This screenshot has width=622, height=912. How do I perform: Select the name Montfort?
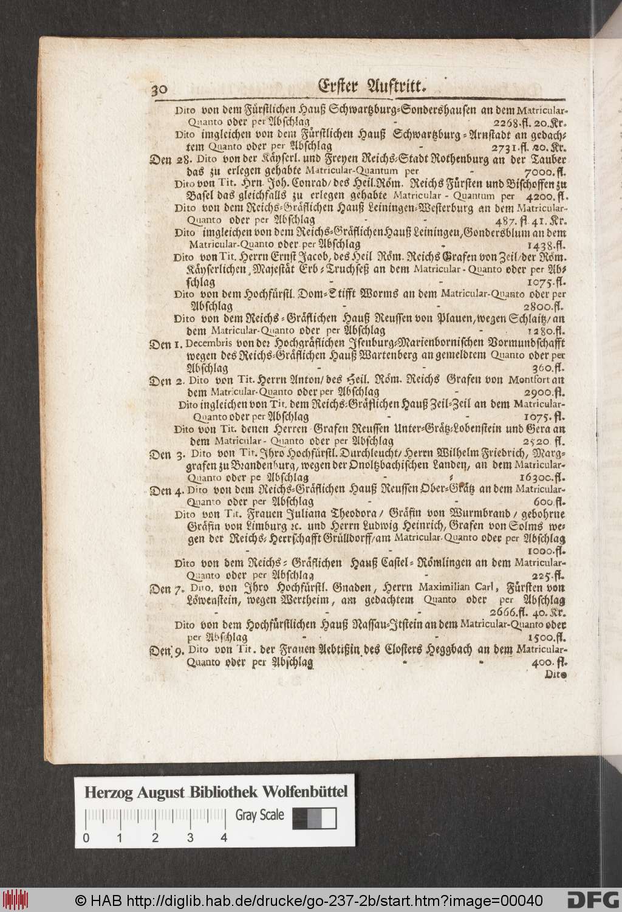(533, 381)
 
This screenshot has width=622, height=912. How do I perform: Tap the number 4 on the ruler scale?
(224, 838)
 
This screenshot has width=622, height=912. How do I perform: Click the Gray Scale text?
(260, 815)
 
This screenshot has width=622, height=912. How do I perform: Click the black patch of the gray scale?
(299, 818)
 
